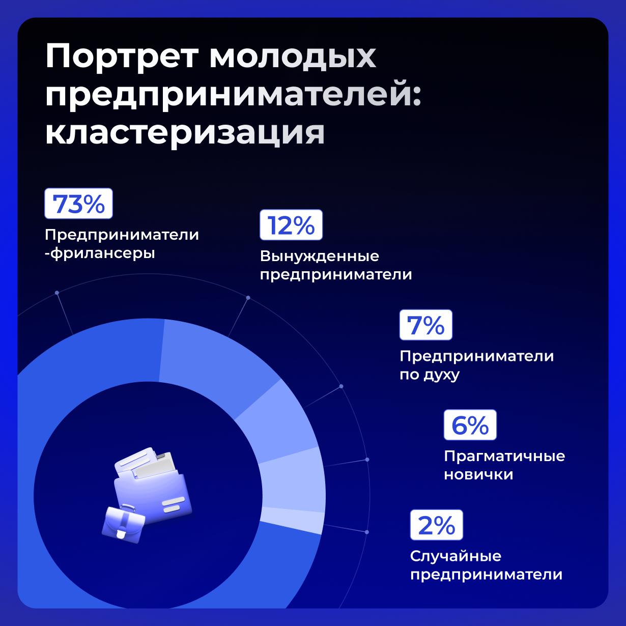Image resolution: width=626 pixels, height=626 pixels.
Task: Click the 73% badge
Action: click(78, 204)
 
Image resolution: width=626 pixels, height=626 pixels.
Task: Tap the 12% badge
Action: click(291, 224)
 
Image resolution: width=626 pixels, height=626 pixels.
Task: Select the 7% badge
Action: click(425, 325)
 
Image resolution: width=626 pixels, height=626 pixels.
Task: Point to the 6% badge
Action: click(470, 425)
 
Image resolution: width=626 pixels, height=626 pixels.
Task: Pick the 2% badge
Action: click(437, 525)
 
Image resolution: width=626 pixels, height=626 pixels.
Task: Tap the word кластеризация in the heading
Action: click(185, 133)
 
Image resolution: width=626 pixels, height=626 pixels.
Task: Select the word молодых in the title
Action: click(293, 57)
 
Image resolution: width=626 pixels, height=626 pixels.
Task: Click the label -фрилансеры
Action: click(99, 253)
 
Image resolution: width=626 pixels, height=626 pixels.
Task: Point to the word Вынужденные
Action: click(319, 256)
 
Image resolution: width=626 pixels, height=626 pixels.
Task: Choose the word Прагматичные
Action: click(504, 456)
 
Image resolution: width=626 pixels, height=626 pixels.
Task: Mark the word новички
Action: click(478, 475)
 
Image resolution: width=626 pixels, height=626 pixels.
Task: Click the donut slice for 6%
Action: click(295, 478)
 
